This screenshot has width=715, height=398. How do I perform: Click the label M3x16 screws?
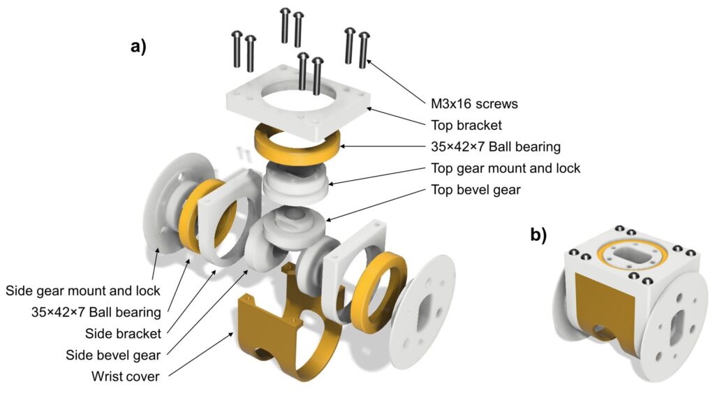(x=474, y=104)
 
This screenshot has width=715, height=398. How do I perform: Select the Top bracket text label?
(x=466, y=126)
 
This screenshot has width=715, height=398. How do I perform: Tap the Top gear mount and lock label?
(x=506, y=168)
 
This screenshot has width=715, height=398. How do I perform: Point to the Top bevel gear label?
(x=476, y=190)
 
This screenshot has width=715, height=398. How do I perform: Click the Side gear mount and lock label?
(x=83, y=291)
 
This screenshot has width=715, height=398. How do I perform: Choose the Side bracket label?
(x=123, y=334)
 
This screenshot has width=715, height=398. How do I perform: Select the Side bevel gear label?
(x=113, y=355)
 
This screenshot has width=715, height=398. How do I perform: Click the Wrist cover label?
(x=126, y=376)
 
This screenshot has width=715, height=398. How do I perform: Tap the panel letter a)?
(x=139, y=46)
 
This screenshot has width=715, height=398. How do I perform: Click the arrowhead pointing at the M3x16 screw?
(x=369, y=62)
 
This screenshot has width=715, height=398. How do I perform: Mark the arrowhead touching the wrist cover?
(x=230, y=335)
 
